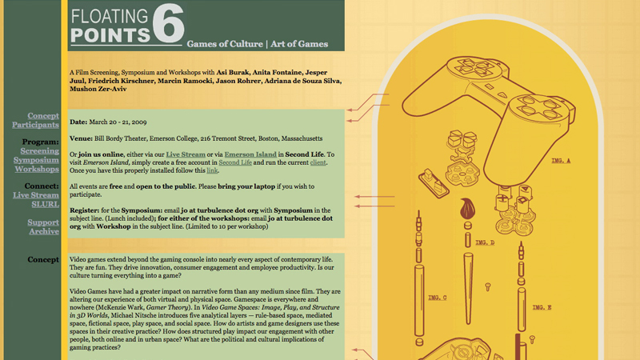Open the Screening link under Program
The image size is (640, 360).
[x=39, y=150]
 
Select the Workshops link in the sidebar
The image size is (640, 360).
[x=37, y=169]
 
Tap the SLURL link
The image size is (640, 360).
[x=45, y=204]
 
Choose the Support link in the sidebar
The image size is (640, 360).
[x=43, y=222]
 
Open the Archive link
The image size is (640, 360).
[x=44, y=232]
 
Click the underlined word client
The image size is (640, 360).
[x=318, y=162]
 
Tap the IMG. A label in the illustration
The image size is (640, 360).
[x=561, y=161]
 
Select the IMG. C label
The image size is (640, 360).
[x=438, y=298]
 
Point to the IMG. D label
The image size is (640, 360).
[x=485, y=242]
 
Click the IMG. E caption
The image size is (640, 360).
[x=542, y=307]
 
